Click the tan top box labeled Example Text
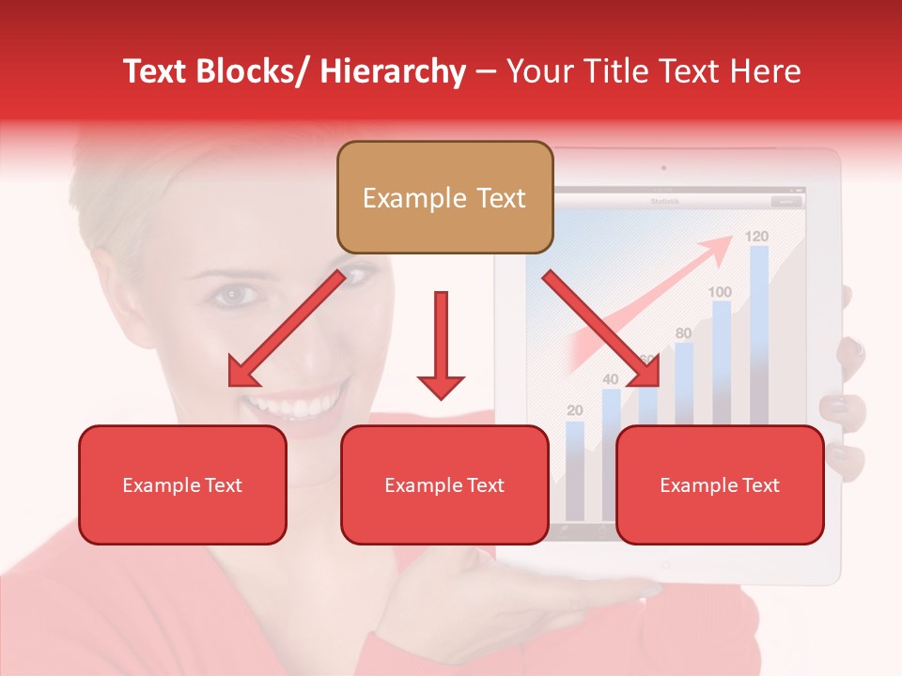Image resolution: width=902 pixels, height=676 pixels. click(x=444, y=197)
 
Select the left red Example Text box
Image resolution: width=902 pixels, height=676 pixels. click(x=182, y=484)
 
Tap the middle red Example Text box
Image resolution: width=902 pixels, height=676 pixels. click(x=444, y=484)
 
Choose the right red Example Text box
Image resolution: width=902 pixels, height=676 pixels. click(x=720, y=484)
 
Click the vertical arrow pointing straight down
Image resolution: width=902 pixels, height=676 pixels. click(x=441, y=344)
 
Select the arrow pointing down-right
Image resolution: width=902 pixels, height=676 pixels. click(x=601, y=328)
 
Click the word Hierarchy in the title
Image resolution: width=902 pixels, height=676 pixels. click(x=393, y=71)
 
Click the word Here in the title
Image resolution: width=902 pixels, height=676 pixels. click(x=765, y=71)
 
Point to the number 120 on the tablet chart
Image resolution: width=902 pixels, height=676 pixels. click(x=757, y=236)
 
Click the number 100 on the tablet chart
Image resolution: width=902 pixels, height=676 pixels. click(x=720, y=292)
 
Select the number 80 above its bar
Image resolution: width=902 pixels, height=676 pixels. click(x=683, y=333)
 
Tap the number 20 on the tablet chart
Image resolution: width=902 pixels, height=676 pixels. click(x=575, y=410)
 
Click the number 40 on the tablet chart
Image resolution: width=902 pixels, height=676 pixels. click(x=610, y=379)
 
